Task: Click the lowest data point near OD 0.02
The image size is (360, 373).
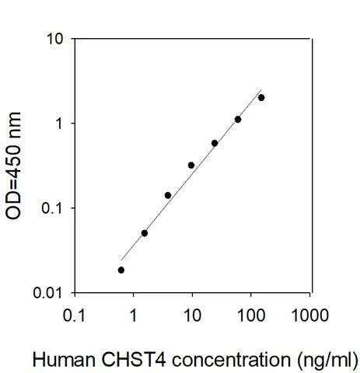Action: point(121,270)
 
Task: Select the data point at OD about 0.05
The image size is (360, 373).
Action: point(145,233)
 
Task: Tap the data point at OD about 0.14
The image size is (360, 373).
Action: point(168,195)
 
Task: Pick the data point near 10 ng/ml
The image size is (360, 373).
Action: point(191,165)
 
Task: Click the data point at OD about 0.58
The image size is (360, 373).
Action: point(215,143)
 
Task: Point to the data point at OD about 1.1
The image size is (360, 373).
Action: point(238,119)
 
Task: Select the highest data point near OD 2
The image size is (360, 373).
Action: point(261,97)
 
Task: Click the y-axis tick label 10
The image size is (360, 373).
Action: point(55,39)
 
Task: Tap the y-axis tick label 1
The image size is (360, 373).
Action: point(59,124)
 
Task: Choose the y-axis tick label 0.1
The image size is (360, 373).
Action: point(53,208)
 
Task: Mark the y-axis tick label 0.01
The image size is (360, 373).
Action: point(49,293)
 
